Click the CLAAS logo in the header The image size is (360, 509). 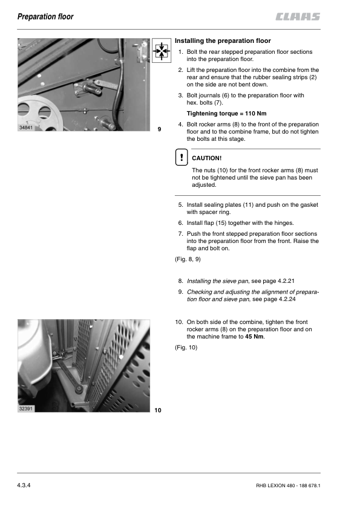point(298,16)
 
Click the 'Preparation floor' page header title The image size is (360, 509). point(45,16)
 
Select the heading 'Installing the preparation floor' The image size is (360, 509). point(223,41)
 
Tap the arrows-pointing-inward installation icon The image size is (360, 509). point(162,50)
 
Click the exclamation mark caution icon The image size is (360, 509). point(182,157)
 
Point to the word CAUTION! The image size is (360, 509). point(207,158)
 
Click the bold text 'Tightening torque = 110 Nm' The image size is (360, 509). point(226,114)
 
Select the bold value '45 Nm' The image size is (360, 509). point(254,337)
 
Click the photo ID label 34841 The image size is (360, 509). point(26,128)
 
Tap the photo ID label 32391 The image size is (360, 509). point(26,409)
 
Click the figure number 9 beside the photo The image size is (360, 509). point(159,129)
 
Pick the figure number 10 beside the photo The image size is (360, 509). point(158,410)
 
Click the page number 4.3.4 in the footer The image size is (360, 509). point(24,485)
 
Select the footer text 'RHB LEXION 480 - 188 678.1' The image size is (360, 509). point(288,485)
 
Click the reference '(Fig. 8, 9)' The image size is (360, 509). point(188,259)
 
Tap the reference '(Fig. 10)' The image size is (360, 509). point(186,348)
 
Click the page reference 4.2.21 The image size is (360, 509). point(286,281)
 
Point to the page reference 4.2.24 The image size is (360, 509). point(287,299)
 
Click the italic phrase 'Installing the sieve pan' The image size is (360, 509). point(218,281)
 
